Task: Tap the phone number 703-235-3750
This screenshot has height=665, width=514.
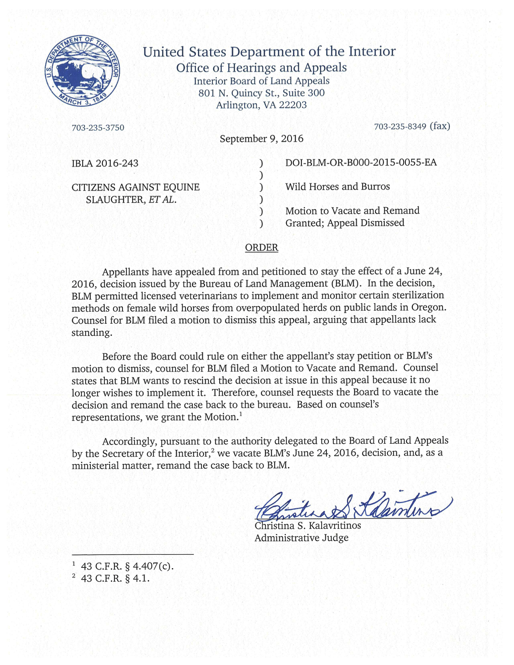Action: pos(98,128)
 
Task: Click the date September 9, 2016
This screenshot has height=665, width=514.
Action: pos(261,139)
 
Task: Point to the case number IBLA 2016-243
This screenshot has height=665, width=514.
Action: pos(105,163)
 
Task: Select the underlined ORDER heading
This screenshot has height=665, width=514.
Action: pos(262,247)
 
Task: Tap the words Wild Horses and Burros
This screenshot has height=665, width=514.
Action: pos(337,187)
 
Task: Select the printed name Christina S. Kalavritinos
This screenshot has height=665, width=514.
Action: pos(308,526)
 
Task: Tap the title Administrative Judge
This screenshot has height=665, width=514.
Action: pos(301,538)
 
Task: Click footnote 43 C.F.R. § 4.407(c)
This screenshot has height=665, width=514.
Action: pos(127,566)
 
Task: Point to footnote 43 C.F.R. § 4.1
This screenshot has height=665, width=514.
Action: pos(115,578)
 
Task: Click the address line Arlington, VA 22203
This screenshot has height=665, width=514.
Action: pos(261,105)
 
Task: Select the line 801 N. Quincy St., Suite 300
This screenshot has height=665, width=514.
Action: pos(261,93)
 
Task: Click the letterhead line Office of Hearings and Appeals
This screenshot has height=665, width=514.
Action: pos(261,67)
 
